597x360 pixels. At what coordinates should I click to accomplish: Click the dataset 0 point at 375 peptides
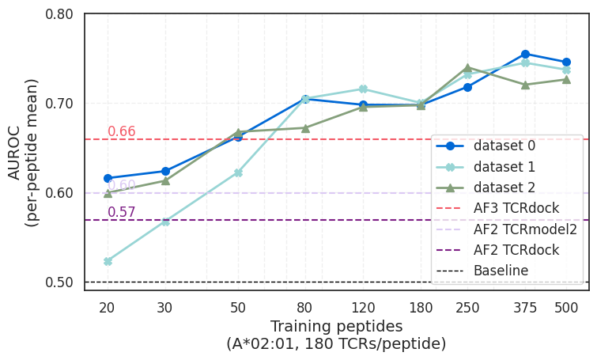pyautogui.click(x=525, y=54)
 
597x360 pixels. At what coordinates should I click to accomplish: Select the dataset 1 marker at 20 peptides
pyautogui.click(x=108, y=261)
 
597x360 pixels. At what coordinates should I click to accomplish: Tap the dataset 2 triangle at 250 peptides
pyautogui.click(x=467, y=68)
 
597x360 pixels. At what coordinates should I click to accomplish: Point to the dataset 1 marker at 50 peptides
pyautogui.click(x=238, y=172)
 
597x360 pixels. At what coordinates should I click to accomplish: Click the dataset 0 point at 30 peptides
pyautogui.click(x=165, y=171)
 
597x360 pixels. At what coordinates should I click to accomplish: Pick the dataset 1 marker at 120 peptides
pyautogui.click(x=363, y=89)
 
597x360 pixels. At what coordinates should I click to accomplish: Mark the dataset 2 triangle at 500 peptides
pyautogui.click(x=566, y=79)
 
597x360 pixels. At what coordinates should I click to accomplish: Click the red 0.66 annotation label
pyautogui.click(x=122, y=131)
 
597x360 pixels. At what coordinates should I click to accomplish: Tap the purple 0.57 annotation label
pyautogui.click(x=122, y=212)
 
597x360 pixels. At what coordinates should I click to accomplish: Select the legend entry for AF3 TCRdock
pyautogui.click(x=516, y=208)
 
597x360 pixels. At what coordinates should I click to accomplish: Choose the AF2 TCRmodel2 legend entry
pyautogui.click(x=525, y=229)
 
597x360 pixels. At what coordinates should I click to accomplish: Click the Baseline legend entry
pyautogui.click(x=501, y=271)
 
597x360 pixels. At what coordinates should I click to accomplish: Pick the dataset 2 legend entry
pyautogui.click(x=504, y=188)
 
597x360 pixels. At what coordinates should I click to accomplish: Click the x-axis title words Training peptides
pyautogui.click(x=336, y=326)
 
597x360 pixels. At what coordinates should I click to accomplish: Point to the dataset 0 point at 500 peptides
pyautogui.click(x=566, y=62)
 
